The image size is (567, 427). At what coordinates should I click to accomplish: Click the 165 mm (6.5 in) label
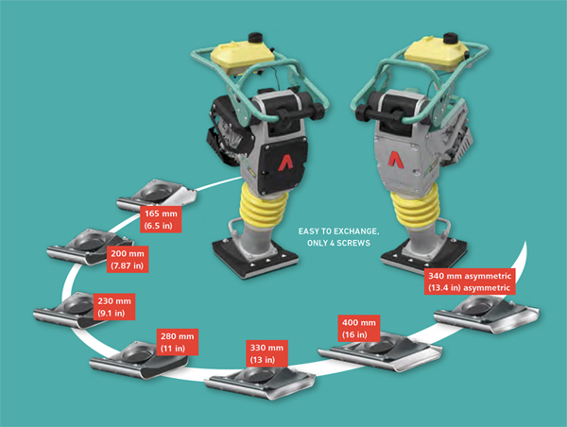[x=161, y=219]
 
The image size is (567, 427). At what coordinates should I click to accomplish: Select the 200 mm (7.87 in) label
[x=128, y=259]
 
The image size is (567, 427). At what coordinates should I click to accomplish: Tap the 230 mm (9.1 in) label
[x=114, y=307]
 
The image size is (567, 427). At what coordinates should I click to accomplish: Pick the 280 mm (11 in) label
[x=178, y=342]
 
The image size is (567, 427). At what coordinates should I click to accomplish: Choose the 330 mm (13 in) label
[x=266, y=353]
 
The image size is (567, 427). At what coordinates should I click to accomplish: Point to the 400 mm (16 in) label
[x=359, y=329]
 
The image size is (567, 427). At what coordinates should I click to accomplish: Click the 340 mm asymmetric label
[x=470, y=282]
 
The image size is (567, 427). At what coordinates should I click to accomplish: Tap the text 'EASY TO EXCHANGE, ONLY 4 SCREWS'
[x=338, y=237]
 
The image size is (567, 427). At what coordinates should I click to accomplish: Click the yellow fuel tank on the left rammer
[x=242, y=57]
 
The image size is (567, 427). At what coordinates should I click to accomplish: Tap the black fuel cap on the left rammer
[x=255, y=37]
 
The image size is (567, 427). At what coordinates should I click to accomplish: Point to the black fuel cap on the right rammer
[x=451, y=38]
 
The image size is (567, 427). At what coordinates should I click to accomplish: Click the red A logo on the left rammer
[x=285, y=162]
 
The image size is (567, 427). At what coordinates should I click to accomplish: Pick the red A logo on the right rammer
[x=395, y=160]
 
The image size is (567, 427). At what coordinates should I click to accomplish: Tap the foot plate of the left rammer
[x=255, y=258]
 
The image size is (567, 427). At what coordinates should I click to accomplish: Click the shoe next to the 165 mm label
[x=157, y=196]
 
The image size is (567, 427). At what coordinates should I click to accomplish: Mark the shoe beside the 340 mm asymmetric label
[x=487, y=314]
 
